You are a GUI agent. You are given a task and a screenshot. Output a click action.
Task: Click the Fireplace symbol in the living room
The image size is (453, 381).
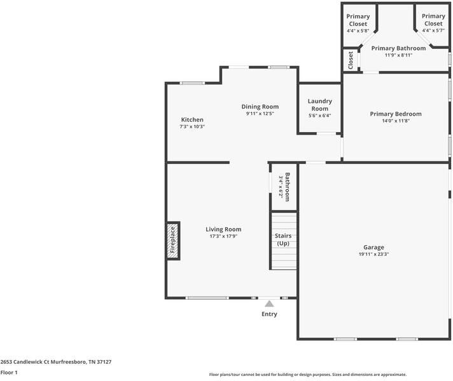coord(172,241)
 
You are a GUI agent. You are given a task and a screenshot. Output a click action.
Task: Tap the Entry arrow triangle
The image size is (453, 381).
coord(269,304)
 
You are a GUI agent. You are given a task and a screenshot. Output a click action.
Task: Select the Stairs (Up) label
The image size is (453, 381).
coord(283,239)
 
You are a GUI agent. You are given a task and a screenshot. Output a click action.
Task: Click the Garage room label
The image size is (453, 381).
coord(373,248)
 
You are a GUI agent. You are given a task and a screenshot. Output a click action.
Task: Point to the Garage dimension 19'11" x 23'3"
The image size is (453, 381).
coord(373,255)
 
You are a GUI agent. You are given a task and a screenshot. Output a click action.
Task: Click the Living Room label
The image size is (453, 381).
coord(223,229)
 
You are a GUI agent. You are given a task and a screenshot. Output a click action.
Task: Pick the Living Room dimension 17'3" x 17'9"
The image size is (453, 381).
coord(223,236)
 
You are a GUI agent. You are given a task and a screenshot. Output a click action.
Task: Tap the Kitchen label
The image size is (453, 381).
coord(192,119)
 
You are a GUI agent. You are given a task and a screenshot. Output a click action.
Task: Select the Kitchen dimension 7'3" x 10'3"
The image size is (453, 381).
coord(192,126)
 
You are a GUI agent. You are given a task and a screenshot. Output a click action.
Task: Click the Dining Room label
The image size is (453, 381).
coord(260,106)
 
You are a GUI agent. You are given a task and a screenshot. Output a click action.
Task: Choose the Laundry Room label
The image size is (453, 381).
coord(319,105)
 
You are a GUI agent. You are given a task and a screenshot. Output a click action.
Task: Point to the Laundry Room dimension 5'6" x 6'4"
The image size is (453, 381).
coord(319,116)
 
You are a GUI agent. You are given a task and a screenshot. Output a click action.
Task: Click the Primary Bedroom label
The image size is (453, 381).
coord(396,114)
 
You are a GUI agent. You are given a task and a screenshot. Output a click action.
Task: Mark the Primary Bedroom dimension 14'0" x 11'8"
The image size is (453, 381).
coord(396,121)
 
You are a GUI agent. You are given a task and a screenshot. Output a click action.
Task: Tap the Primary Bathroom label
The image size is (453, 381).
coord(398,48)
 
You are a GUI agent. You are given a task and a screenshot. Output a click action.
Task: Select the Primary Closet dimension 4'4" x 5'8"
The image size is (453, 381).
coord(358,30)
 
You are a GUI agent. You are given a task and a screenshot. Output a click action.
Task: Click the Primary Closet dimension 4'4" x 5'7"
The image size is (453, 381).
coord(433,30)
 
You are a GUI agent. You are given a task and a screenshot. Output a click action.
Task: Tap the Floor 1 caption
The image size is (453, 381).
coord(9,372)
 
